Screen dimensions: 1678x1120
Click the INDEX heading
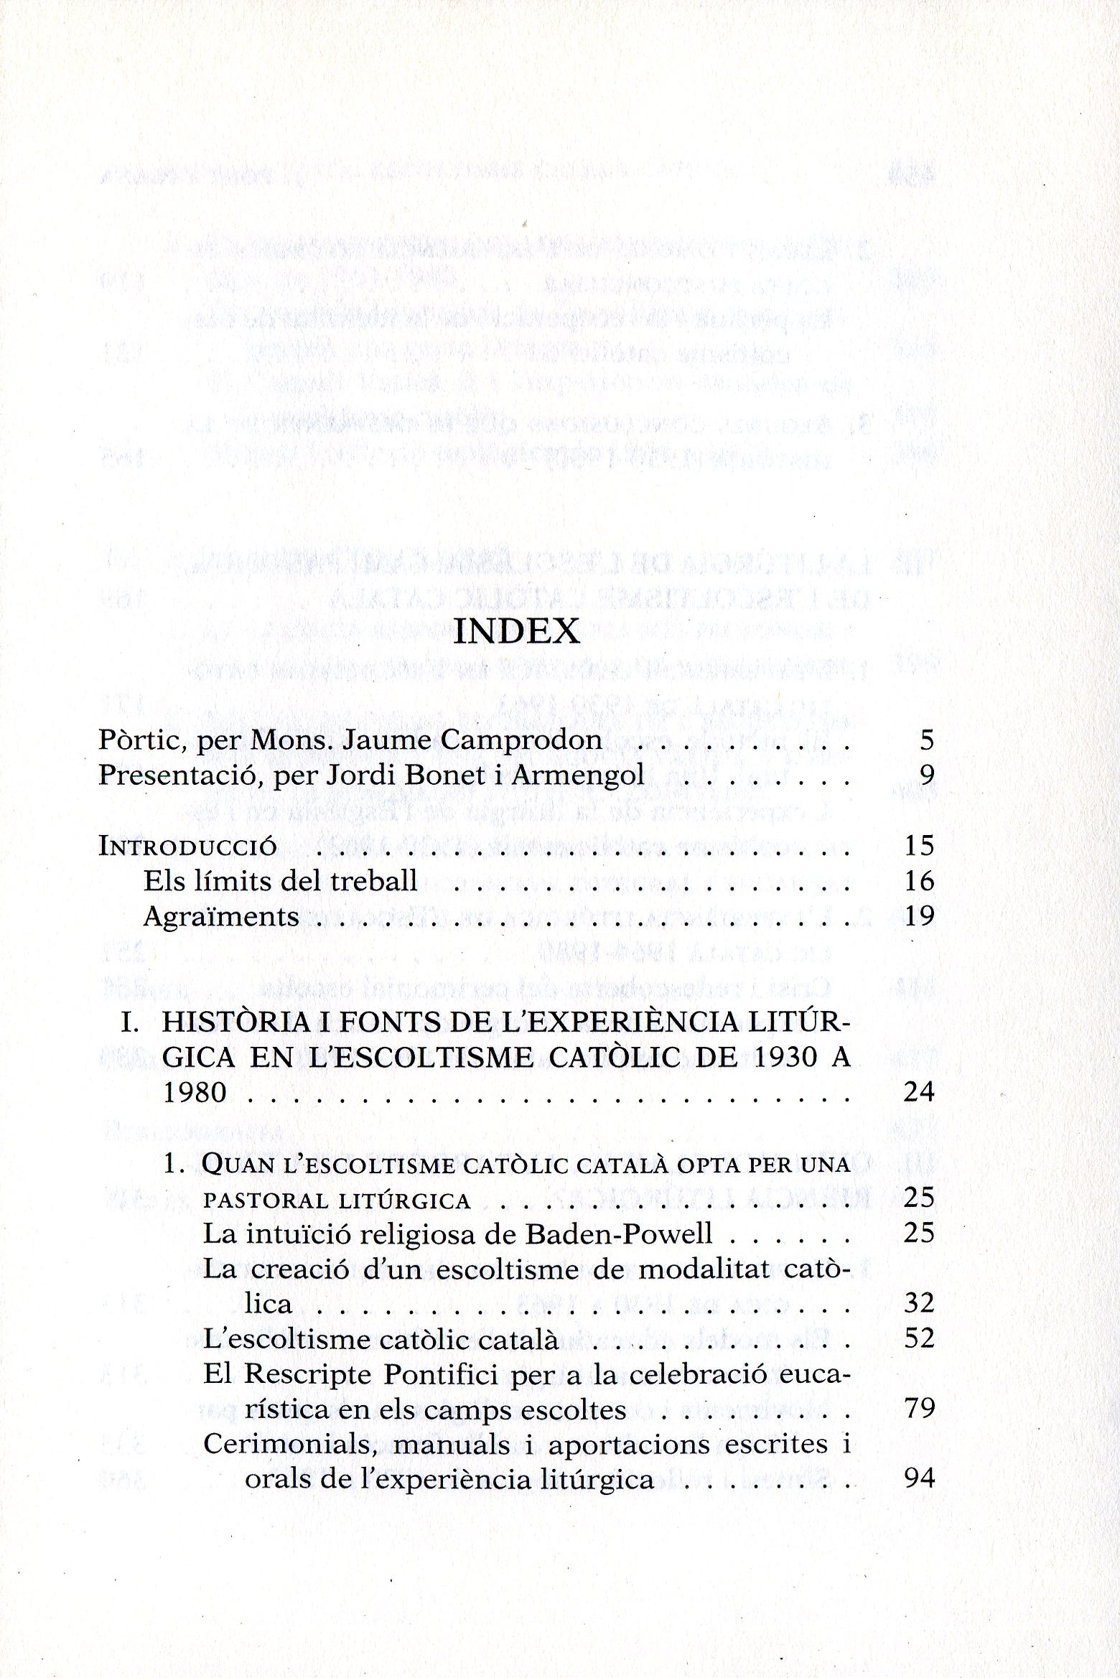tap(517, 631)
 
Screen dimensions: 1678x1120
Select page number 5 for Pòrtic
tap(926, 740)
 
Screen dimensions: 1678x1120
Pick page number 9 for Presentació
tap(926, 776)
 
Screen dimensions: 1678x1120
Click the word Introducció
tap(187, 846)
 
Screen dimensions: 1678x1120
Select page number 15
tap(919, 846)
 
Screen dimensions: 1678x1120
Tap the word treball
tap(374, 881)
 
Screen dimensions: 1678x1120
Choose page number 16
tap(919, 881)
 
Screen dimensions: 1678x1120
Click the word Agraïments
tap(221, 917)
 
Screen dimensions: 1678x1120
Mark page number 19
tap(919, 917)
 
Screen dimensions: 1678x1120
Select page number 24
tap(919, 1093)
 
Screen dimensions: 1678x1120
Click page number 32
tap(919, 1303)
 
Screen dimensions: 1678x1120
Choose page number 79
tap(919, 1409)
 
